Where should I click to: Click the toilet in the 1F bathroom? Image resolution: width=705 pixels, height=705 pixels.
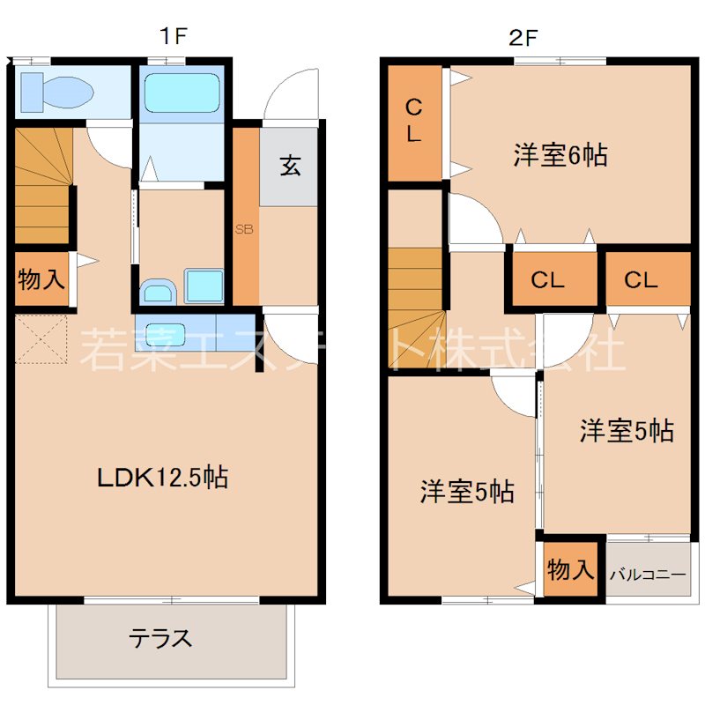(55, 90)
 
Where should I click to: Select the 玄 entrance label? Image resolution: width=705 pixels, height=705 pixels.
(290, 166)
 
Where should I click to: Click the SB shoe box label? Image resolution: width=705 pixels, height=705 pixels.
(244, 229)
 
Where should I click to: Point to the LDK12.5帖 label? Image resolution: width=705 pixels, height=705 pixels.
(163, 479)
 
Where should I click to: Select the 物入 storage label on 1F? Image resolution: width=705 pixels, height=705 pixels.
(41, 281)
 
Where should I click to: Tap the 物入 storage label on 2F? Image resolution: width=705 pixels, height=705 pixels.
(570, 569)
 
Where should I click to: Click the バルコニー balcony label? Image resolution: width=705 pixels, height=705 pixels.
(648, 575)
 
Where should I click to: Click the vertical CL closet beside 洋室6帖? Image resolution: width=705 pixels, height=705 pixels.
(413, 122)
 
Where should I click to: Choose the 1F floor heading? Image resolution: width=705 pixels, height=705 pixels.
(174, 36)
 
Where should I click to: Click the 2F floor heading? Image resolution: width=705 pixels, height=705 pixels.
(522, 36)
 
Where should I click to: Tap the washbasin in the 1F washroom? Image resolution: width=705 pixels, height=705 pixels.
(159, 289)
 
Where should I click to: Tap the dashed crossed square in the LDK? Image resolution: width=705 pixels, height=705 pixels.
(41, 337)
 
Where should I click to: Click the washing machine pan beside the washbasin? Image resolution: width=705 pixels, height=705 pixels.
(204, 287)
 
